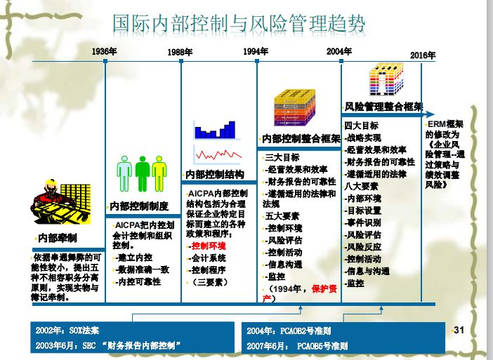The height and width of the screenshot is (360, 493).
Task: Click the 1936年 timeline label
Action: pos(104,51)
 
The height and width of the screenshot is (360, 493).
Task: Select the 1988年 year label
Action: pos(180,52)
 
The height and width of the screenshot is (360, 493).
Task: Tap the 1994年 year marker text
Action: pos(256,51)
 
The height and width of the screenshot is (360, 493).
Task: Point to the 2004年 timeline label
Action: pos(339,51)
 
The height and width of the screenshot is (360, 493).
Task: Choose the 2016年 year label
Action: pos(423,55)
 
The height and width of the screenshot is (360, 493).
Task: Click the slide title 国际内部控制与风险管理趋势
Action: pos(239,23)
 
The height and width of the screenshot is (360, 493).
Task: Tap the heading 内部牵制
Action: pos(58,237)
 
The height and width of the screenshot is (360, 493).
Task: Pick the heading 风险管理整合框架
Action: pos(383,107)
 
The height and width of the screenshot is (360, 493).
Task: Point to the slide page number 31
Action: pos(460,330)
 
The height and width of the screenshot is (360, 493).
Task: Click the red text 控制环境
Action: pos(209,246)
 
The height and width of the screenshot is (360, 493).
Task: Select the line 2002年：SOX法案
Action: pos(67,330)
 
